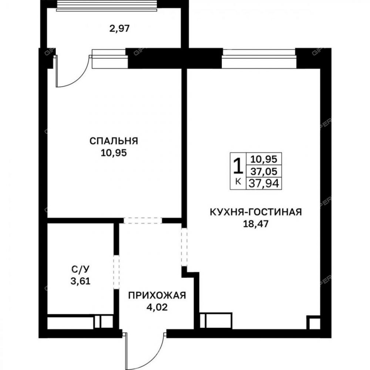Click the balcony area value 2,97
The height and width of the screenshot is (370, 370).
point(120,28)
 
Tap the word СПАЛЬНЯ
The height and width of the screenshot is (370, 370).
point(114,141)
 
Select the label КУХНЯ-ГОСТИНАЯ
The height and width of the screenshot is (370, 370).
point(256,212)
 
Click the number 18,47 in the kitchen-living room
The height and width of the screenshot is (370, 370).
point(256,224)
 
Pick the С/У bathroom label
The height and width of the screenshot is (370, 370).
point(80,269)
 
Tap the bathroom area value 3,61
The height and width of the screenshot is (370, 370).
point(80,281)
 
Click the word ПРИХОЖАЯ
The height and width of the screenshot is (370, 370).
point(157,295)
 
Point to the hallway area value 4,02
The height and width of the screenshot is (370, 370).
point(157,307)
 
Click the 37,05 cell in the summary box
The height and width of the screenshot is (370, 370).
point(264,171)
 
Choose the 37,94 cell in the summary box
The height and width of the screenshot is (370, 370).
point(264,183)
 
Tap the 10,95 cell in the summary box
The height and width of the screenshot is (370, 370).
point(264,159)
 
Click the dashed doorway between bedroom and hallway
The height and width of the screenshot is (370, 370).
point(143,221)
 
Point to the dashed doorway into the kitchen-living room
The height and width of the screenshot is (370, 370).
point(184,247)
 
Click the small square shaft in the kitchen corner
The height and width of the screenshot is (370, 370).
point(313,322)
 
